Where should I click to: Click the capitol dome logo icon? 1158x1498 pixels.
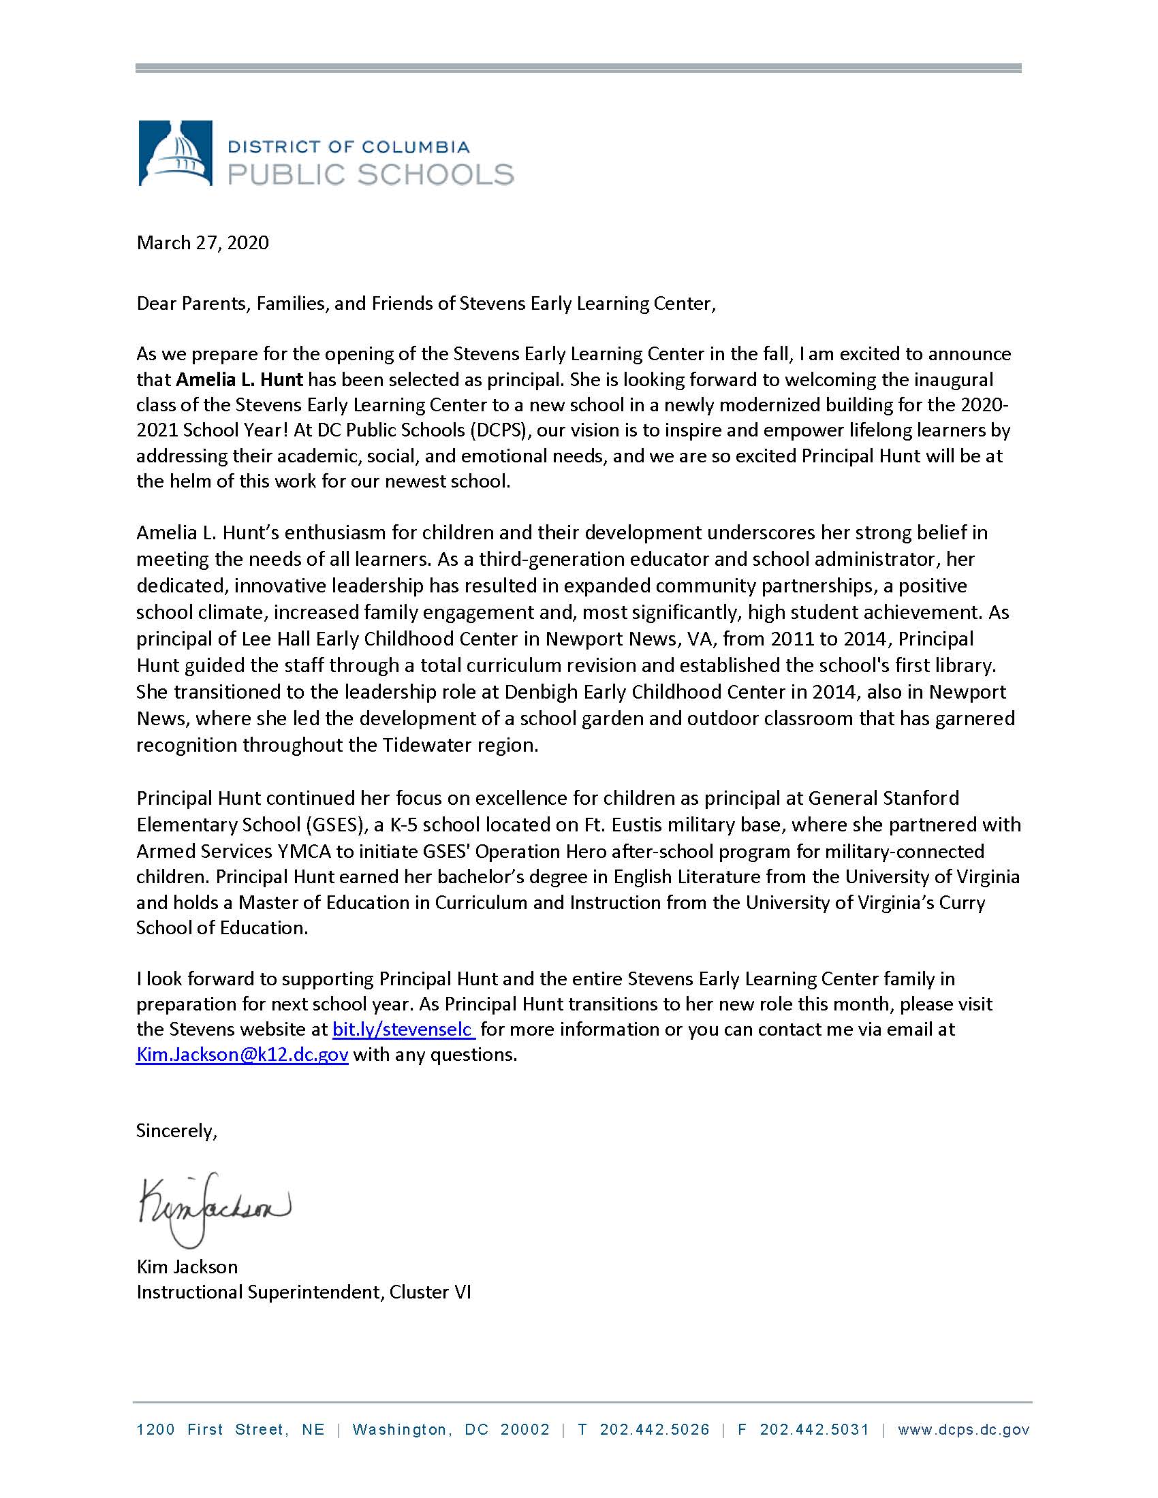175,153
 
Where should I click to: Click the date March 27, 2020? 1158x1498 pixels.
202,243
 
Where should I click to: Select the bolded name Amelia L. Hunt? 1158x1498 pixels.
239,379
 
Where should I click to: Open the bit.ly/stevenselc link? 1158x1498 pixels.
403,1030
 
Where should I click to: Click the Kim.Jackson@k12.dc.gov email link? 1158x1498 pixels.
242,1055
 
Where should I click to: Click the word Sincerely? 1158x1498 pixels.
176,1131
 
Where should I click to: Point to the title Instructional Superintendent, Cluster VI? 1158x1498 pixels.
303,1292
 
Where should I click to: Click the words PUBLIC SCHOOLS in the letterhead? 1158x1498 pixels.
371,174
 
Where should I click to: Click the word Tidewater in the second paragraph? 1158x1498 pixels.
420,746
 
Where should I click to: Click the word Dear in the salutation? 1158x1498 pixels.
156,304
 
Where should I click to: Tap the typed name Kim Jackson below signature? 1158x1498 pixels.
187,1267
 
